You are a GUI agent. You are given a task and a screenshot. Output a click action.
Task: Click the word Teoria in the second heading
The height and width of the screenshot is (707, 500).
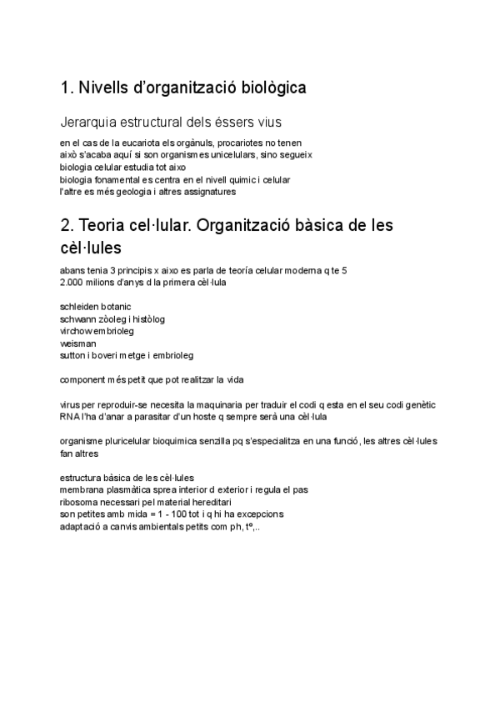(x=107, y=226)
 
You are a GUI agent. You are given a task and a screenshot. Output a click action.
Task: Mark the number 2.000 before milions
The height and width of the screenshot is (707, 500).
(x=72, y=283)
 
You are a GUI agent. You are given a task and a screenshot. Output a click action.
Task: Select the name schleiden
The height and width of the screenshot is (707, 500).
(x=80, y=307)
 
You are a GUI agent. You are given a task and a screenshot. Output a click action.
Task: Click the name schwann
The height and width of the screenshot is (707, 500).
(x=79, y=318)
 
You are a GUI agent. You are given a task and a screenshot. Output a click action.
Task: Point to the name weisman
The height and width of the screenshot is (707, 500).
(x=78, y=343)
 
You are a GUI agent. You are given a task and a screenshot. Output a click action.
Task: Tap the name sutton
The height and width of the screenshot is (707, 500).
(x=73, y=354)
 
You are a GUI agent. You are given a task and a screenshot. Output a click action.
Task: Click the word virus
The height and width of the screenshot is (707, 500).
(x=70, y=404)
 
